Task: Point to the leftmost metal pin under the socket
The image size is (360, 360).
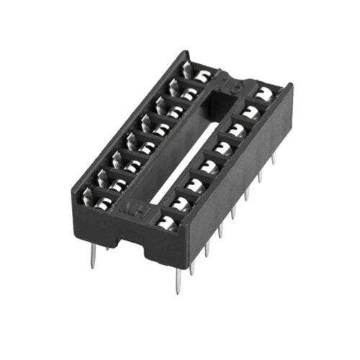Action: coord(93,256)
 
